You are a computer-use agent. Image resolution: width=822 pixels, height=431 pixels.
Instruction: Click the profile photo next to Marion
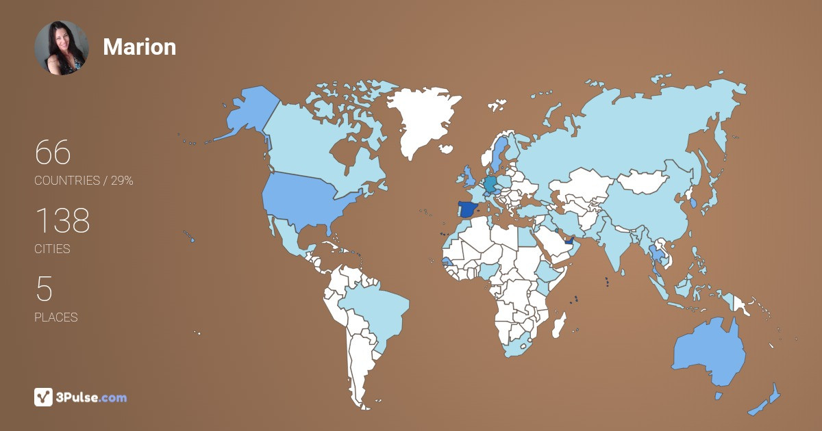pos(62,47)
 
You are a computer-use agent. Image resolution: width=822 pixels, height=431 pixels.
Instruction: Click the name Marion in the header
pos(139,47)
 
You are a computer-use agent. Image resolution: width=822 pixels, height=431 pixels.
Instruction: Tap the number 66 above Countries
pos(53,152)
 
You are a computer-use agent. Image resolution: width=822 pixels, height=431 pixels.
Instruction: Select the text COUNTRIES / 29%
pos(84,181)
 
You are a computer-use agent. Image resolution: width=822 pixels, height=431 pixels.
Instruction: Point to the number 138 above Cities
pos(62,220)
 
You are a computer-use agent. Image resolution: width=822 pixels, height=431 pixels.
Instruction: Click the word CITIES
pos(52,249)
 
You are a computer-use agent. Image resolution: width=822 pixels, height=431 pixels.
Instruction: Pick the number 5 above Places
pos(44,289)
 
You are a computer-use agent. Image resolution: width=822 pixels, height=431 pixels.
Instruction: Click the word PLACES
pos(55,317)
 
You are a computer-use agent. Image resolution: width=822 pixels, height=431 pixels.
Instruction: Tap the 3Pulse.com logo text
pos(92,397)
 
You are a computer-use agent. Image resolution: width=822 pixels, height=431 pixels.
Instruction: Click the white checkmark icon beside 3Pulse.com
pos(43,397)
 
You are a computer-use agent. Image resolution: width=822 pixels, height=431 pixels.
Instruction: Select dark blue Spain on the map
pos(467,209)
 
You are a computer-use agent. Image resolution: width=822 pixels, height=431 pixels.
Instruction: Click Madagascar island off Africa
pos(560,323)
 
